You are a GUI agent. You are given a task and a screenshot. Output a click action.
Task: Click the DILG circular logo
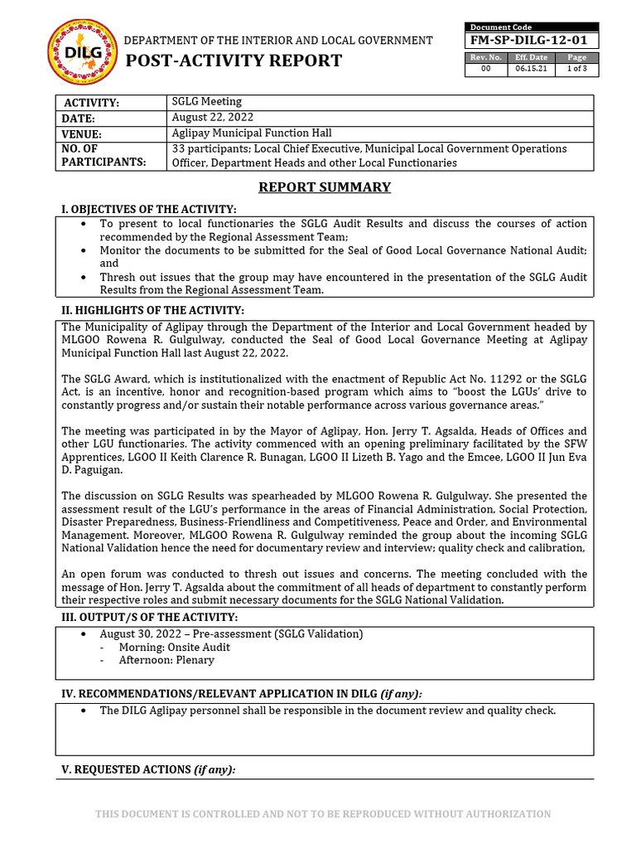77,52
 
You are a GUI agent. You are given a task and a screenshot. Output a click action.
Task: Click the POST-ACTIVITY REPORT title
233,61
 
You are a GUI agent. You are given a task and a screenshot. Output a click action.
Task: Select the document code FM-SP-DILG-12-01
531,40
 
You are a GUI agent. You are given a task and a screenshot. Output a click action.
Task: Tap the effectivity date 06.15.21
531,70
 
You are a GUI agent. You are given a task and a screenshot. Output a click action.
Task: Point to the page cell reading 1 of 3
576,70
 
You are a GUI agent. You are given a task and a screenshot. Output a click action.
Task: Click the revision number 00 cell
486,70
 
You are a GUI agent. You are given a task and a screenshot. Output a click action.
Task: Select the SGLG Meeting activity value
207,101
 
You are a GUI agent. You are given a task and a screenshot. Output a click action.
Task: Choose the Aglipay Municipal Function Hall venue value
252,133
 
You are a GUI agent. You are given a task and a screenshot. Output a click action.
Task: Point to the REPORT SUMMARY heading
324,187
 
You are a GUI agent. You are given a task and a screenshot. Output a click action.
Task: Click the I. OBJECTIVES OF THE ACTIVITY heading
149,209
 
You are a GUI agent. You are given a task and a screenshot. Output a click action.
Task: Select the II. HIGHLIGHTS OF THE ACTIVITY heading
153,310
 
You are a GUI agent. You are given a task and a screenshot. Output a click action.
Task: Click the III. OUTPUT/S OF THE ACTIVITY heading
150,618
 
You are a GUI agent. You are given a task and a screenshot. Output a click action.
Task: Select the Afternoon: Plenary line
166,660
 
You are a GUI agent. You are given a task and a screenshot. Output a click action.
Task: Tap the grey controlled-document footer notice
323,814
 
